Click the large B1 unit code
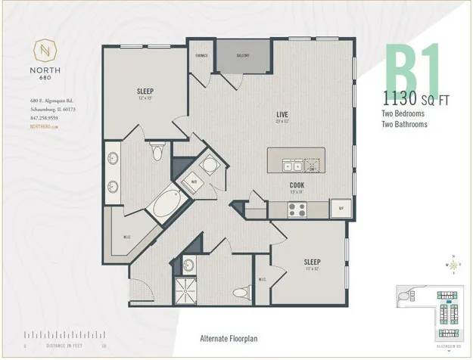(x=413, y=70)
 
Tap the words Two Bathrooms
(x=404, y=124)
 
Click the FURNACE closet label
(x=202, y=55)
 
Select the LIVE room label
(x=283, y=114)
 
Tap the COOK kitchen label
(x=297, y=184)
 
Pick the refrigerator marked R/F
(x=341, y=207)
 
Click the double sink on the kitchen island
(x=291, y=165)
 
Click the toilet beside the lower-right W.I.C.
(x=240, y=292)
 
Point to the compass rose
(x=452, y=265)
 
